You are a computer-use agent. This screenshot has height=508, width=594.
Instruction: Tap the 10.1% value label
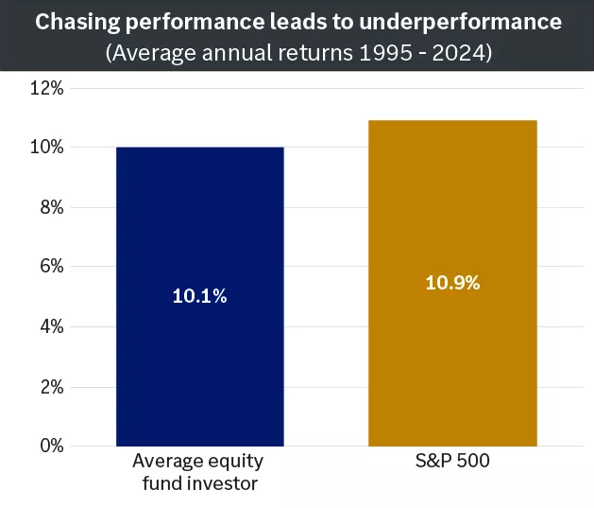pyautogui.click(x=199, y=296)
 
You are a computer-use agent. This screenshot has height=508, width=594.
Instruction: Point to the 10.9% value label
pyautogui.click(x=452, y=283)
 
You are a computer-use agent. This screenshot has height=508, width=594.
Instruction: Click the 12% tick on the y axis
pyautogui.click(x=46, y=88)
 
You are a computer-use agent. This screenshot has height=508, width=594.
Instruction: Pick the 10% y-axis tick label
pyautogui.click(x=46, y=148)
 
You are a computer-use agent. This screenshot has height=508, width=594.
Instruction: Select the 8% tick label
pyautogui.click(x=51, y=207)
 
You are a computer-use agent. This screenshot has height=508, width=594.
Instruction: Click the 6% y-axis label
pyautogui.click(x=51, y=267)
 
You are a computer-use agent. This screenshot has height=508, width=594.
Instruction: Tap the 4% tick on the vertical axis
pyautogui.click(x=51, y=326)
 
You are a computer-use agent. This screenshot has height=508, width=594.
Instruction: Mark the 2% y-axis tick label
pyautogui.click(x=51, y=387)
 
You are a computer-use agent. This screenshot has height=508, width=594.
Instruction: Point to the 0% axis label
pyautogui.click(x=51, y=446)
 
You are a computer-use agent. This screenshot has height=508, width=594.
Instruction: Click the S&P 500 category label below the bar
pyautogui.click(x=452, y=463)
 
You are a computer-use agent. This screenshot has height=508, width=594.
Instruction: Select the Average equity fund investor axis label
pyautogui.click(x=199, y=472)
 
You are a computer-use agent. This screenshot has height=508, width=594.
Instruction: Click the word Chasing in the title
pyautogui.click(x=73, y=21)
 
